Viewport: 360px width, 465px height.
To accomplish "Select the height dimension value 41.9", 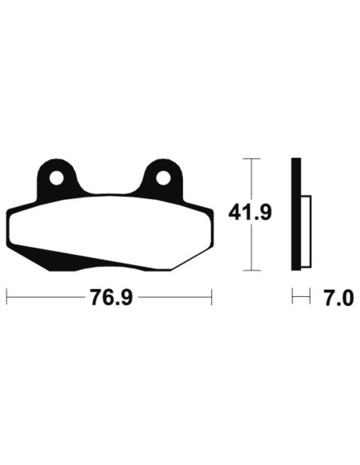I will tap(251, 213).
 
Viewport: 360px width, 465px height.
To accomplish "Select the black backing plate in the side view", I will tap(295, 213).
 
